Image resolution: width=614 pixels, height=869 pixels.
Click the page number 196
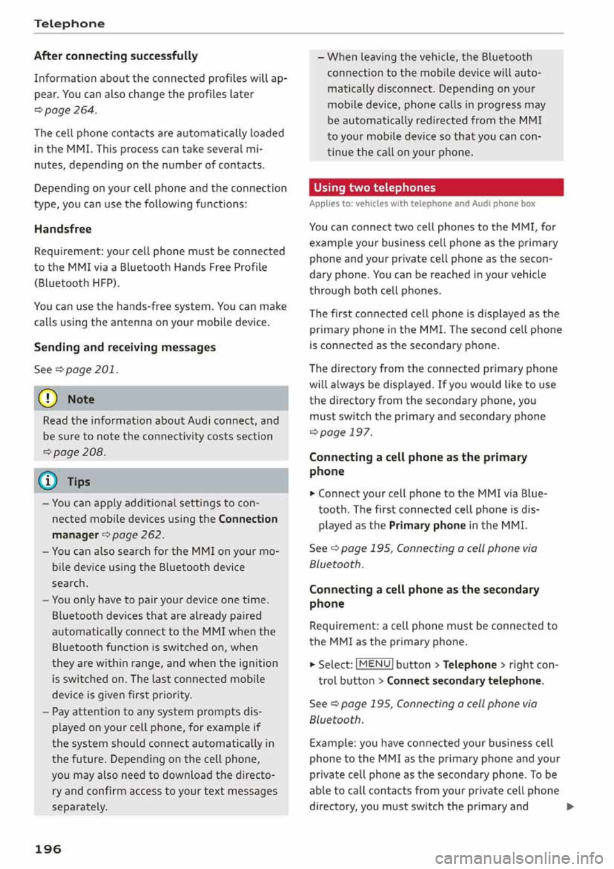coord(48,849)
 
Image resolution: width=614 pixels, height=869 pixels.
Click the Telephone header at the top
coord(69,24)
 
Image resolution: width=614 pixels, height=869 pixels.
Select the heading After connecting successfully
coord(116,56)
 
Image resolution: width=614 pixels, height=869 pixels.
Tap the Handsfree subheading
coord(63,229)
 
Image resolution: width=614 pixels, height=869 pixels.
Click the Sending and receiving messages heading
coord(125,347)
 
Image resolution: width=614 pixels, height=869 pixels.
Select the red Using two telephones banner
coord(436,187)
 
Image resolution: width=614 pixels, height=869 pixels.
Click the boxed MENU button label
coord(374,664)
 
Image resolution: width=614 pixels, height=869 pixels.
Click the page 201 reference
coord(91,370)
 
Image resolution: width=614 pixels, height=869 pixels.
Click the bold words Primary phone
coord(427,525)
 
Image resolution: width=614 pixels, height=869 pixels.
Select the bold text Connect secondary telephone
coord(464,681)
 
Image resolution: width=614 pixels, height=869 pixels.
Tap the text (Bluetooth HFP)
coord(77,283)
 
